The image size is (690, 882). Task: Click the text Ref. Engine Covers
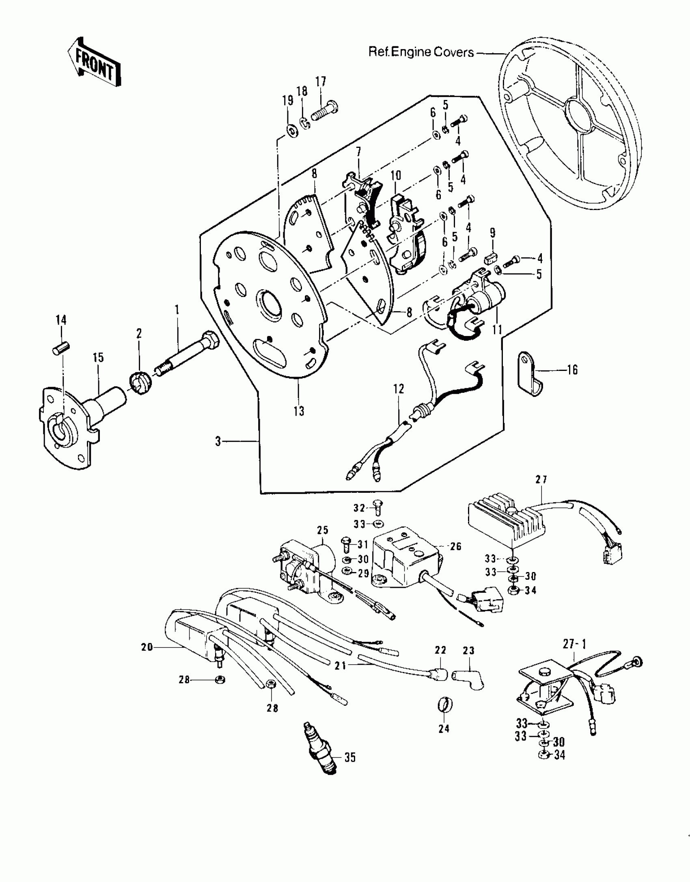(x=421, y=52)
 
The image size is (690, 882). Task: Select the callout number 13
(x=299, y=411)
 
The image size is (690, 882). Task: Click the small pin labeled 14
(x=62, y=348)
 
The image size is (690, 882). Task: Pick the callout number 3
(x=218, y=441)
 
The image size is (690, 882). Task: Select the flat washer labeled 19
(x=291, y=131)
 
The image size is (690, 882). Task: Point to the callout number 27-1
(x=574, y=644)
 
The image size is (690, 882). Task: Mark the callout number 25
(x=323, y=530)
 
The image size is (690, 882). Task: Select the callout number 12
(x=399, y=389)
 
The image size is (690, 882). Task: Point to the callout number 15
(x=98, y=358)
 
